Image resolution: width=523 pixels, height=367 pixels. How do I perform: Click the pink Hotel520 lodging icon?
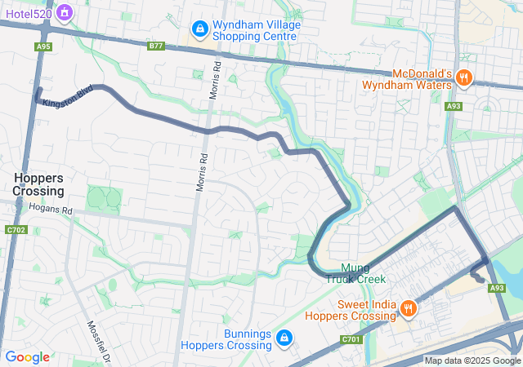click(64, 12)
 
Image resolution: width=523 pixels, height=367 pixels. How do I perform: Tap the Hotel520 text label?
click(27, 12)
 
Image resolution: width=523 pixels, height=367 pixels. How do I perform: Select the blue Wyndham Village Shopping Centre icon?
click(199, 30)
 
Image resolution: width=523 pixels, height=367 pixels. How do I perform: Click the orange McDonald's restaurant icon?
click(463, 78)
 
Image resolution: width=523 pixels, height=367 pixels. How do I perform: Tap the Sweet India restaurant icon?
click(407, 308)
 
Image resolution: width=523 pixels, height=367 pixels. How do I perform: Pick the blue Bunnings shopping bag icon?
click(283, 338)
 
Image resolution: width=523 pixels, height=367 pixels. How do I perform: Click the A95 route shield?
click(44, 46)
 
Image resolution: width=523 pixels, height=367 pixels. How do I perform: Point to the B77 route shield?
click(156, 46)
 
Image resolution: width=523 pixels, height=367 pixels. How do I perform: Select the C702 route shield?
click(13, 231)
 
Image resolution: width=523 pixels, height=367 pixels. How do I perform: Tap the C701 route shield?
click(351, 339)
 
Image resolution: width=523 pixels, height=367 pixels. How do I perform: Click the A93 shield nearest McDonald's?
click(454, 106)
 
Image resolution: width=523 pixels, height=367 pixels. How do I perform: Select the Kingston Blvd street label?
click(68, 96)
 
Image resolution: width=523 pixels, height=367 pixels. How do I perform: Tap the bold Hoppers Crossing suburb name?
click(38, 184)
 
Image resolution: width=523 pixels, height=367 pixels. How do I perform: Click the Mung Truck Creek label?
click(355, 273)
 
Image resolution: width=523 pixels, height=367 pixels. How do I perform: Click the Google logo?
click(27, 357)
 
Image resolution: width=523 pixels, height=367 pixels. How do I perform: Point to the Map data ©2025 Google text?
click(472, 360)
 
